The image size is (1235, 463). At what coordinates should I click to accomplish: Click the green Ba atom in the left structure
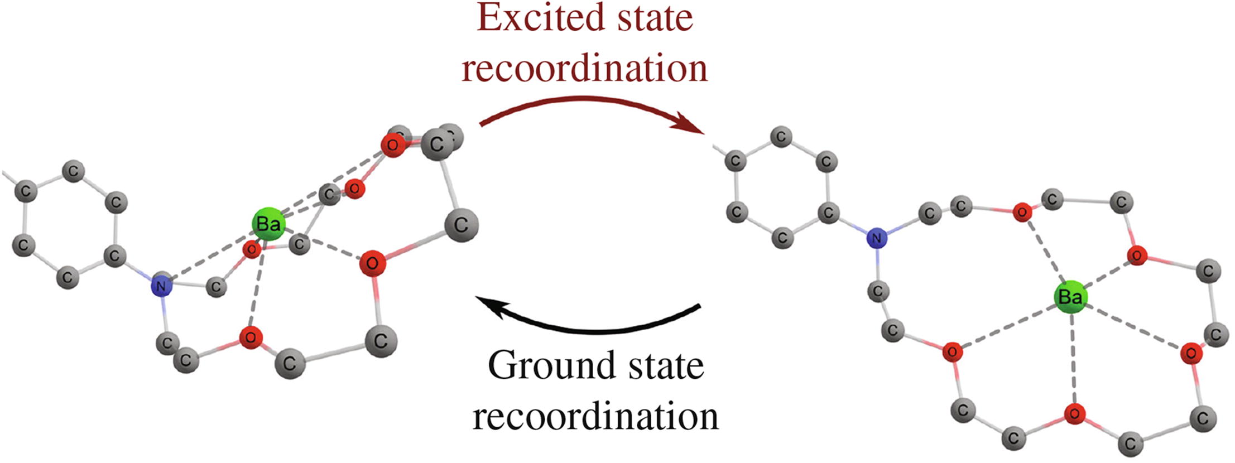coord(268,225)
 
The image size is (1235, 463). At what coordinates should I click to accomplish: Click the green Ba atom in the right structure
coord(1070,297)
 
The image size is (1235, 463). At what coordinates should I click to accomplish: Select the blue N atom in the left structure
coord(161,287)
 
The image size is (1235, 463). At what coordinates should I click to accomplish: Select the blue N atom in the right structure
coord(876,238)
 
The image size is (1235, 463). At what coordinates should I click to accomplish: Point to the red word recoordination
coord(584,68)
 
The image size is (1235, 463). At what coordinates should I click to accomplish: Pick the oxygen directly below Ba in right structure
coord(1074,414)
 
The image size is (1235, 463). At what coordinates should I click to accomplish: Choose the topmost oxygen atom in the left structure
coord(393,146)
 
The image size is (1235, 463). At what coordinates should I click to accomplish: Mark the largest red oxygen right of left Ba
coord(372,263)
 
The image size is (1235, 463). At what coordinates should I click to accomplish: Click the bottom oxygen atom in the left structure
coord(251,337)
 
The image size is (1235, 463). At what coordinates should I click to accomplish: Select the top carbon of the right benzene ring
coord(781,137)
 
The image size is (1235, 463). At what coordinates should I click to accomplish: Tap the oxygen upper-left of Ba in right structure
coord(1022,213)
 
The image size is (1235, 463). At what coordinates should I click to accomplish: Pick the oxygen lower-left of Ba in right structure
coord(952,353)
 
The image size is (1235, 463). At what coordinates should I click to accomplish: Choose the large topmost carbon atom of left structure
coord(437,144)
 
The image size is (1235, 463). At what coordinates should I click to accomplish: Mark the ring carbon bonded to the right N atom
coord(828,213)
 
